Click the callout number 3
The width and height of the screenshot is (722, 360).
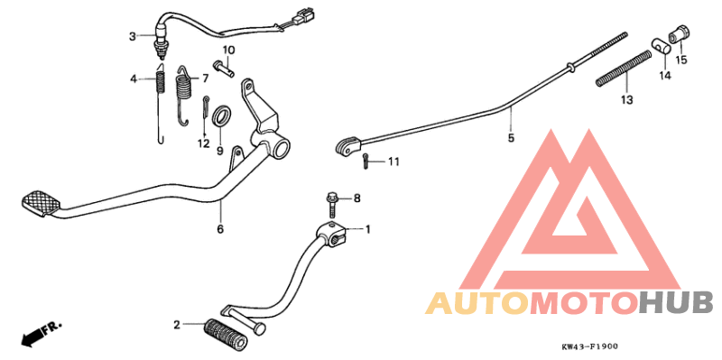coord(132,36)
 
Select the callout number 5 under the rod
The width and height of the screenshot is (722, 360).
coord(510,139)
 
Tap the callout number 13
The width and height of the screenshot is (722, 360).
coord(626,98)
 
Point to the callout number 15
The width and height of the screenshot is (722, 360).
coord(681,60)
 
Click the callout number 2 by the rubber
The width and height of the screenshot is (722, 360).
coord(177,322)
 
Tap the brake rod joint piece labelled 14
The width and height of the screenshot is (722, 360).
coord(661,46)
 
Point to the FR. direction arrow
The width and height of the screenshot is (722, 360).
coord(35,333)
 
